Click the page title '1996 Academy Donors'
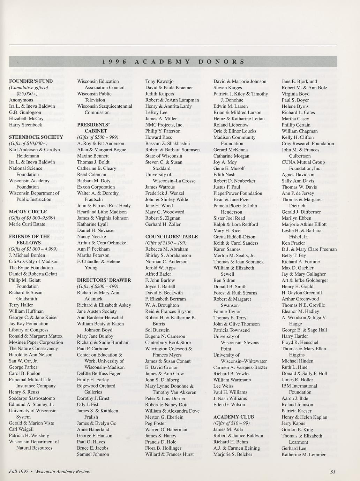(x=173, y=62)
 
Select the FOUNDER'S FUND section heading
(x=31, y=81)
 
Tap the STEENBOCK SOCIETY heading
(x=36, y=137)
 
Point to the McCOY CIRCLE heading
(x=28, y=212)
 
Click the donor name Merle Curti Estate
(x=27, y=224)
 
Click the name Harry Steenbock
(x=25, y=125)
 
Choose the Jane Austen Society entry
(x=97, y=311)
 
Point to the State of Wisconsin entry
(x=164, y=156)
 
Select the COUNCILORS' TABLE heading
(x=172, y=237)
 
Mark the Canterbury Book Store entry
(x=168, y=342)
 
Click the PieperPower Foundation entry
(x=238, y=193)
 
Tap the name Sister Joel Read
(x=229, y=218)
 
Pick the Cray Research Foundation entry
(x=308, y=143)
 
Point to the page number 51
(x=333, y=472)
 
